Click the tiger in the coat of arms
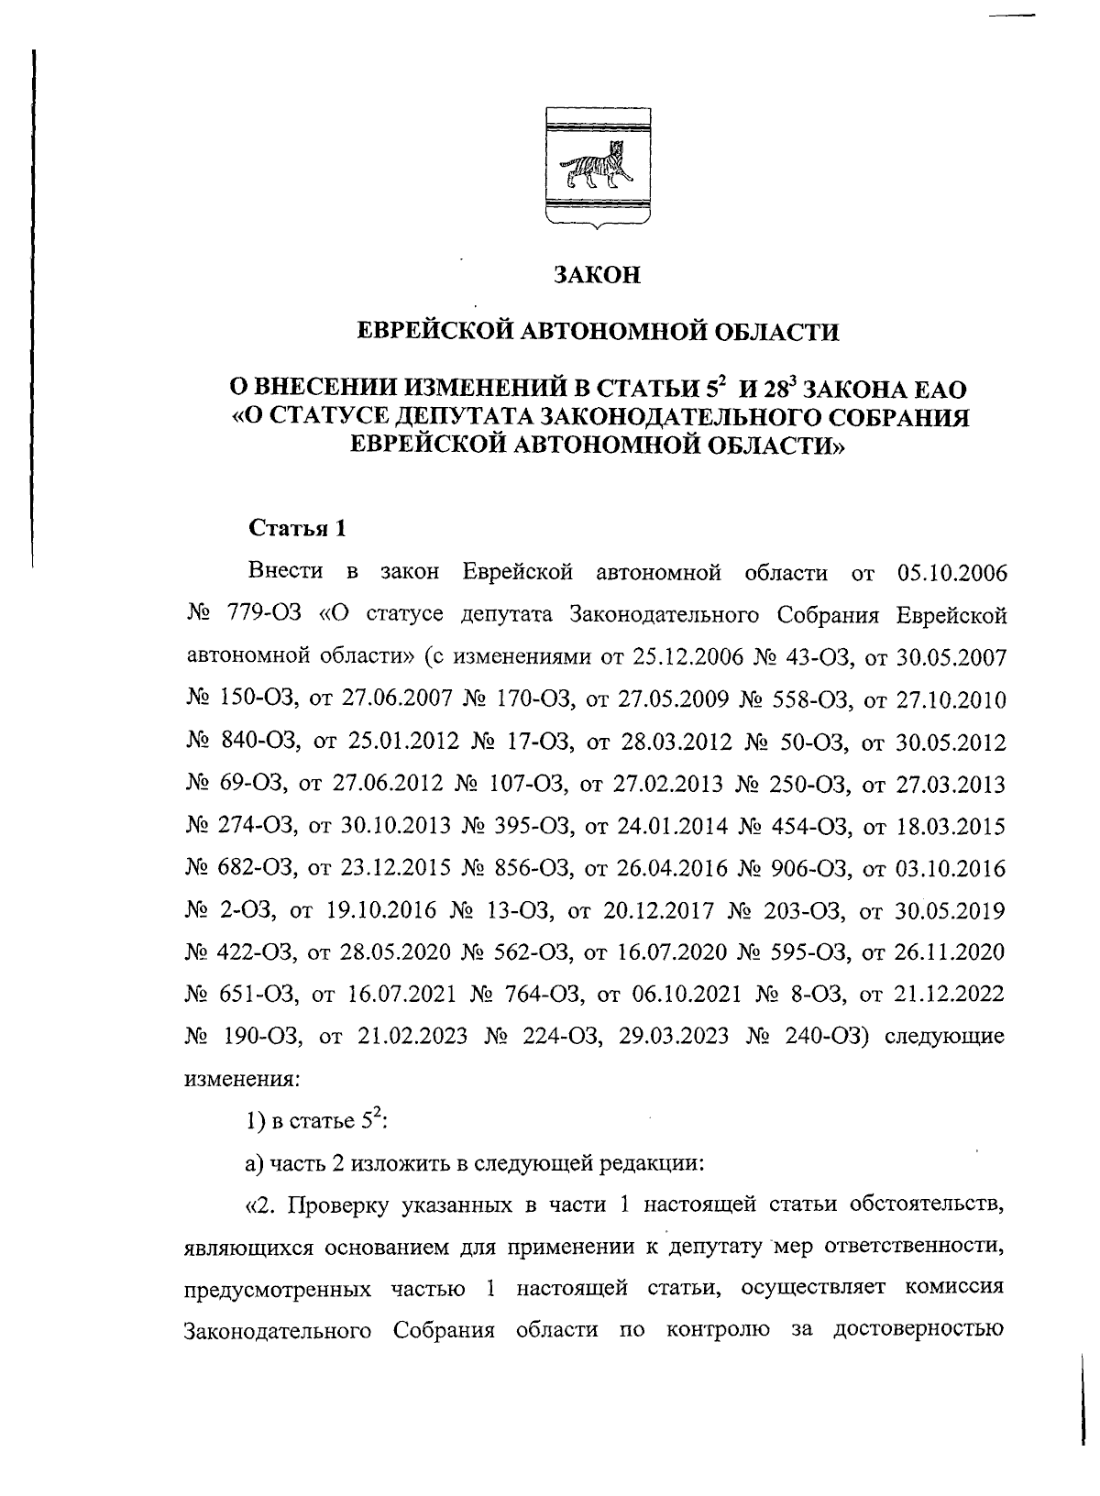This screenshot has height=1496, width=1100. [x=597, y=167]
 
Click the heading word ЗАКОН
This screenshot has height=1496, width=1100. [x=597, y=275]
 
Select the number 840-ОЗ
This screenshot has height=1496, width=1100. [x=257, y=742]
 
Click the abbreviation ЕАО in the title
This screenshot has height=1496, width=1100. [x=936, y=390]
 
